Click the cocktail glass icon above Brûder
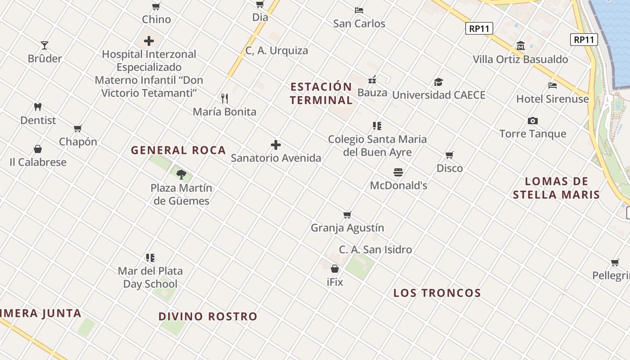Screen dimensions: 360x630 45,45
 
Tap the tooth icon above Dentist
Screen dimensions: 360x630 38,107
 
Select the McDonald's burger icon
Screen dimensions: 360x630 398,172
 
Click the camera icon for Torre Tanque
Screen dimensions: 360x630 533,121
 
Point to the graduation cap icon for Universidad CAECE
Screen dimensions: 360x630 438,82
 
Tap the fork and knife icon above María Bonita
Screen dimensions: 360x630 225,98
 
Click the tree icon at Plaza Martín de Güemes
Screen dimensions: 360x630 181,174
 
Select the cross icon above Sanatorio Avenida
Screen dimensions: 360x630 276,145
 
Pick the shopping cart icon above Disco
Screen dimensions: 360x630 450,155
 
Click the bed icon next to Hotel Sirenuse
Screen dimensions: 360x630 553,85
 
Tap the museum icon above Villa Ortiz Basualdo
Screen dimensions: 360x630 521,46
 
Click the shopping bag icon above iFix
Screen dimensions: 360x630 335,269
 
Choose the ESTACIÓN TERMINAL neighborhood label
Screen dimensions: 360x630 321,93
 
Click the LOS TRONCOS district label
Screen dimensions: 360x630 437,293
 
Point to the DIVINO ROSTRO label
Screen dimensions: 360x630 207,316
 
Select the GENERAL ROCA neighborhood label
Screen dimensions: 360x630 178,150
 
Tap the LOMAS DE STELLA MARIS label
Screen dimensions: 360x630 556,188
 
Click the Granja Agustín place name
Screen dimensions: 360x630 347,228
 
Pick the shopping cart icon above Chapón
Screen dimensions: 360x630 78,129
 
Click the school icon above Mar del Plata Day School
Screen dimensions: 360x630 150,258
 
